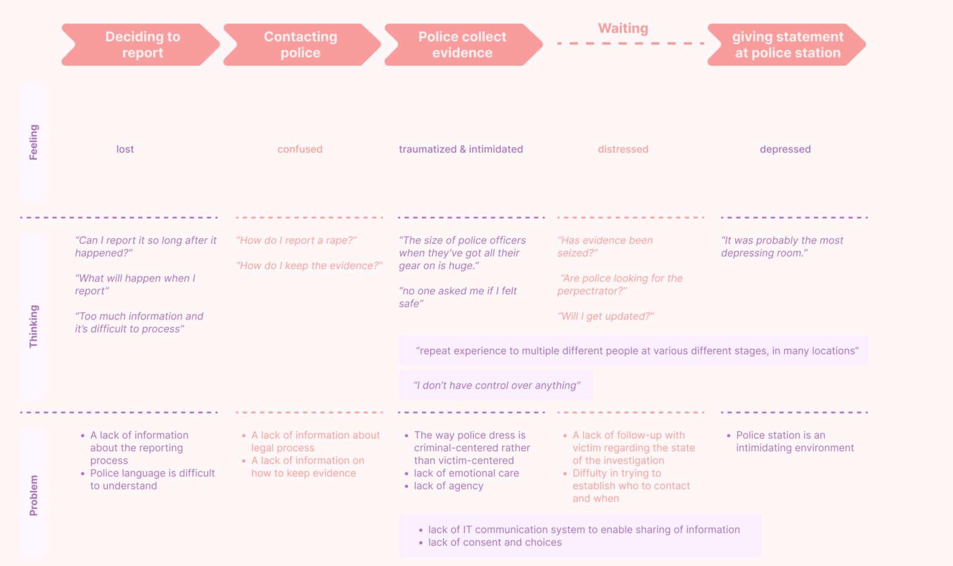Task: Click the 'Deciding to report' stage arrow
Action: coord(141,45)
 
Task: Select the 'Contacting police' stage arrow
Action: coord(302,45)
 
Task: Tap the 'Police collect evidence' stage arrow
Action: coord(463,45)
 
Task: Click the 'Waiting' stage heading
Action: coord(623,29)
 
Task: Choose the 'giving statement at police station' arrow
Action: coord(787,45)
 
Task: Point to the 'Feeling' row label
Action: coord(34,142)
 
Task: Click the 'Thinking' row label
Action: coord(34,326)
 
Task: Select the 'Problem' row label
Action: coord(34,495)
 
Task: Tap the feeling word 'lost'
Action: coord(125,150)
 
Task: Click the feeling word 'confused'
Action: coord(300,150)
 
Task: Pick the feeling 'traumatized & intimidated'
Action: coord(461,150)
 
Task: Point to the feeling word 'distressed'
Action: coord(623,150)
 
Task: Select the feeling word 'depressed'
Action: coord(785,150)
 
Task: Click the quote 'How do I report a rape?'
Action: coord(297,240)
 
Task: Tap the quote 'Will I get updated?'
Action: coord(606,316)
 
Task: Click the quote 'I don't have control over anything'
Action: coord(496,385)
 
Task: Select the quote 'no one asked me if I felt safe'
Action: coord(458,297)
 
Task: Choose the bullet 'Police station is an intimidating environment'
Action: coord(790,441)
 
